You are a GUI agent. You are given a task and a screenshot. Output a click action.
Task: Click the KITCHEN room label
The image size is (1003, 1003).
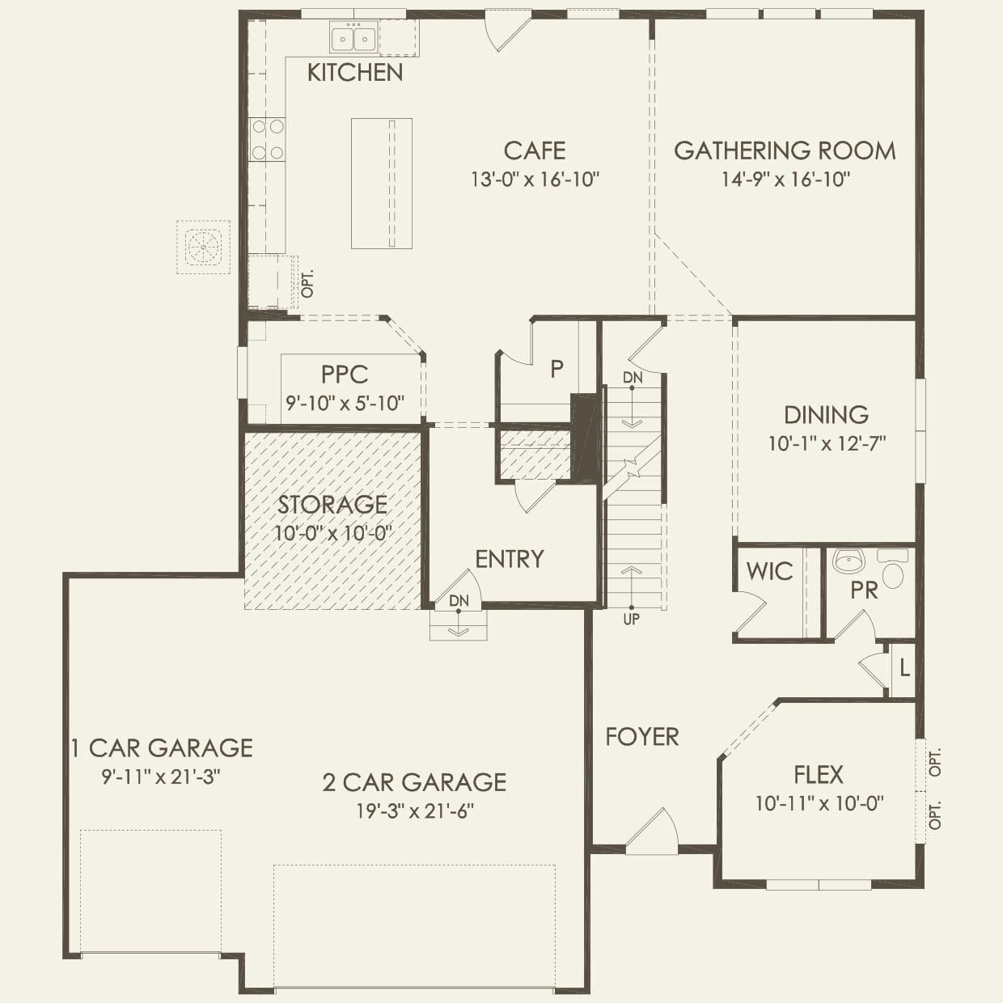coord(355,73)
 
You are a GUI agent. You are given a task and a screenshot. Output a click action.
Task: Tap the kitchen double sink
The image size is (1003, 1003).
coord(353,38)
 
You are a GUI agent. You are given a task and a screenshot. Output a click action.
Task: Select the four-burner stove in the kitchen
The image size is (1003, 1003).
coord(267,139)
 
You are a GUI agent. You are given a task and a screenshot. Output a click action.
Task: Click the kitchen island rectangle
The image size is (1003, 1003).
coord(381,183)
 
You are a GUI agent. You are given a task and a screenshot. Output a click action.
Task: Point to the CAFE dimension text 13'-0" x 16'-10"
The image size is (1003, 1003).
coord(535,179)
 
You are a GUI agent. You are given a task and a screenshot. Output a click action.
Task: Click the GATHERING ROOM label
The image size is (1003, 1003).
coord(785,150)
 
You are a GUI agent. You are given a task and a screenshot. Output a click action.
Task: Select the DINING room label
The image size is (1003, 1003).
coord(826,415)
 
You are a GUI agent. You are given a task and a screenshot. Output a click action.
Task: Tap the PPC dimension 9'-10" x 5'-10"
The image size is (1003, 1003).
coord(345,403)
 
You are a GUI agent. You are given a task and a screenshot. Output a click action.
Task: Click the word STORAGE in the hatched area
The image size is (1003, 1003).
coord(332,505)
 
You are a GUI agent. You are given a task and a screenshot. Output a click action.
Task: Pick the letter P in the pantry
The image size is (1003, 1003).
coord(557,370)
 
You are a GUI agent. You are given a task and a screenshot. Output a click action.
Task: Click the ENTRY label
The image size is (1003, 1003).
coord(509,559)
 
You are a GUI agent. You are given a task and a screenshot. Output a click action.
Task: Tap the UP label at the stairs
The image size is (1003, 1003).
coord(631,619)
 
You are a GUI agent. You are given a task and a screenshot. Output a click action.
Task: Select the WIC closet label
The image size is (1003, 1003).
coord(769,572)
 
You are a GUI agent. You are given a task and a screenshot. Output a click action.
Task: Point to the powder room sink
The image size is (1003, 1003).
coord(848,560)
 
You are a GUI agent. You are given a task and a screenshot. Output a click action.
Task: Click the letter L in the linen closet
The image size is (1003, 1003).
coord(904,669)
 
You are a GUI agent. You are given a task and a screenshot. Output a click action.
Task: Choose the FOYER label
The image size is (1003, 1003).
coord(642,737)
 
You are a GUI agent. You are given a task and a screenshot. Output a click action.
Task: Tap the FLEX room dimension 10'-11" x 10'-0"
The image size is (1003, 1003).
coord(819,803)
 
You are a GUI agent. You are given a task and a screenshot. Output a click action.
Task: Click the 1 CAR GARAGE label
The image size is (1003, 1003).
coord(161,748)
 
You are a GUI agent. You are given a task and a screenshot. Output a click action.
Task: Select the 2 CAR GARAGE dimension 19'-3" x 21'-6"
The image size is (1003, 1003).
coord(414,811)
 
